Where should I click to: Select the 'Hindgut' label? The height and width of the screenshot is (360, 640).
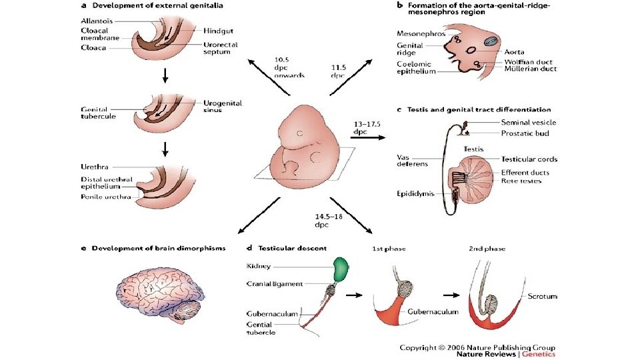pos(219,30)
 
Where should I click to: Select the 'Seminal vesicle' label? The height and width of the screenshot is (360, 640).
pos(527,122)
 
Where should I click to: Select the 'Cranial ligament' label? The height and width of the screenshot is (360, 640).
pos(273,283)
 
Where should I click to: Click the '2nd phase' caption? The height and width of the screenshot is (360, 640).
pos(486,249)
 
